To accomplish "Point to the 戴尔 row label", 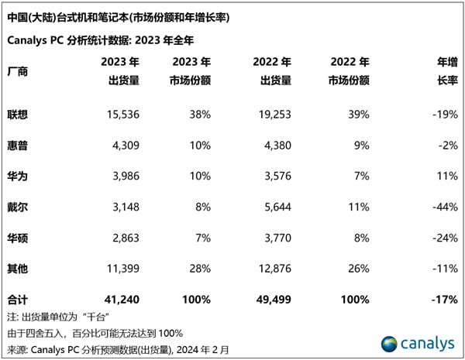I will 18,206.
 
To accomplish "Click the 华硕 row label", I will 18,237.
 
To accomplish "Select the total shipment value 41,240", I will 120,300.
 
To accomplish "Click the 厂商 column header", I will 18,71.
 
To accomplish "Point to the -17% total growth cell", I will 443,300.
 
